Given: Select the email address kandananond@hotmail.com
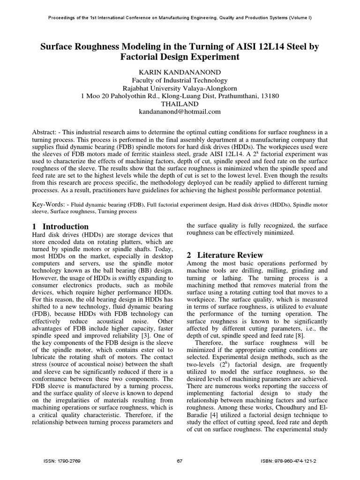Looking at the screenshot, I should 180,112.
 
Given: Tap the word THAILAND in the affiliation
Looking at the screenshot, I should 180,104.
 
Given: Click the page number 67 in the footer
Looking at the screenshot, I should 180,461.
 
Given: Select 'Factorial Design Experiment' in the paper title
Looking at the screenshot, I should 180,57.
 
